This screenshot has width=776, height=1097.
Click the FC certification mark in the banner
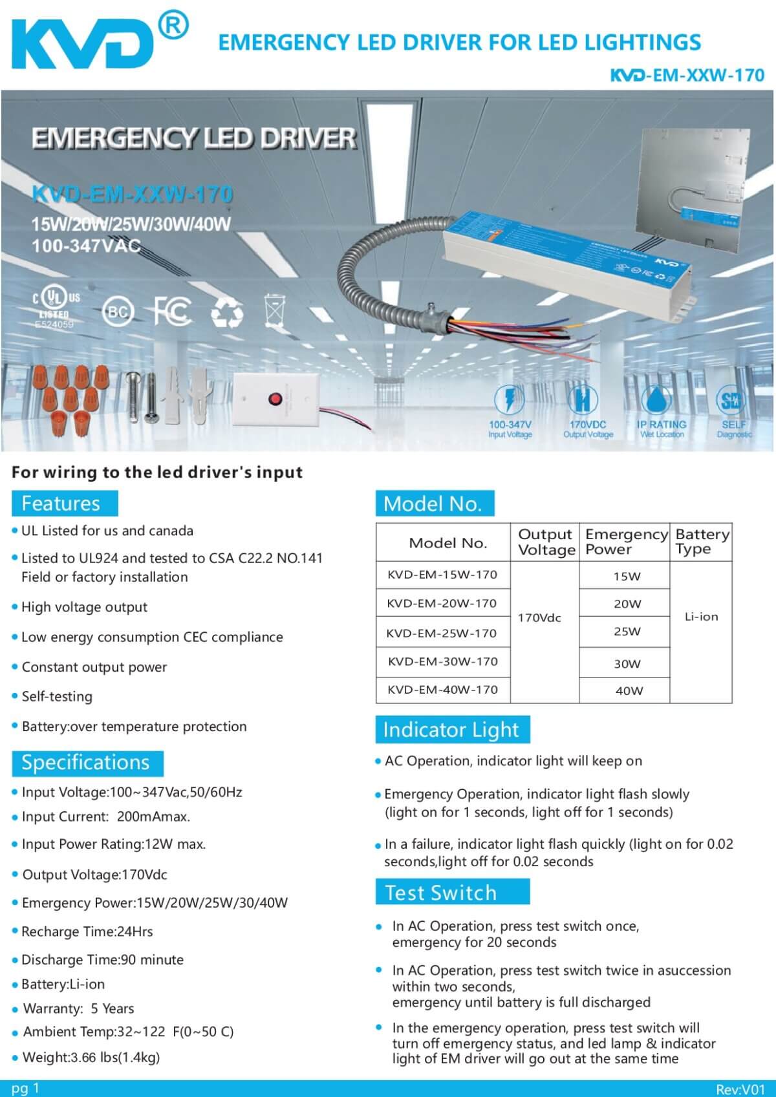click(x=172, y=312)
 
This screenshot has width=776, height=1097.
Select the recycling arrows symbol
click(x=228, y=313)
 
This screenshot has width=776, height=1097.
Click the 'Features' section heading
click(x=61, y=504)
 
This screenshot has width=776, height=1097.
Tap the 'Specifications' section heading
click(x=86, y=763)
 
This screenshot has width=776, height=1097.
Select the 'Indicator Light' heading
click(x=451, y=730)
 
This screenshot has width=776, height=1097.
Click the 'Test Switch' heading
click(x=441, y=893)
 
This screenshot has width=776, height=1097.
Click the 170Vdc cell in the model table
click(x=540, y=618)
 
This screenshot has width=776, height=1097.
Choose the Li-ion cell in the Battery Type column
click(x=702, y=617)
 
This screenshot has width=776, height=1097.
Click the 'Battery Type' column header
click(x=702, y=542)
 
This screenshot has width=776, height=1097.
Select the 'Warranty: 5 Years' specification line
click(x=78, y=1008)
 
